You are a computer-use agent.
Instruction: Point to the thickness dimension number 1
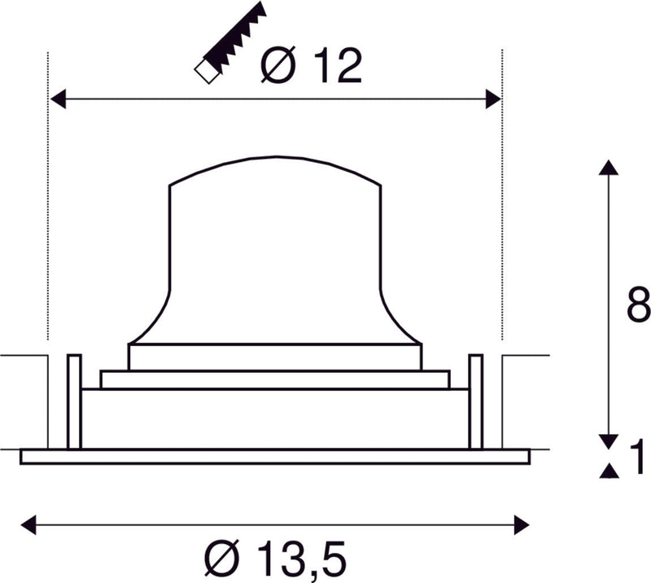638,457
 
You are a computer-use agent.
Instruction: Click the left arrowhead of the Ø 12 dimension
58,99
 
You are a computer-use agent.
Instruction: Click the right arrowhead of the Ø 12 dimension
492,99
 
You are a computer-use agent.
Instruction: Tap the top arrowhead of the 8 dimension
607,167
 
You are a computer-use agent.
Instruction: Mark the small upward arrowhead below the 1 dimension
607,471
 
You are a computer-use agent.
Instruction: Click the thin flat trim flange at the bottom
274,456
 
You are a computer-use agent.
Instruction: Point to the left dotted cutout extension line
48,204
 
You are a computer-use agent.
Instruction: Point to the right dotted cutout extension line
502,204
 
